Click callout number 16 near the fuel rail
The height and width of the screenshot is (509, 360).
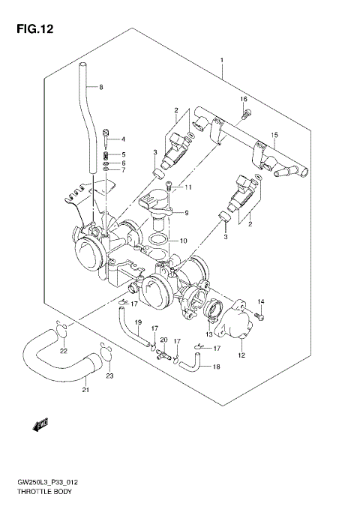(243, 100)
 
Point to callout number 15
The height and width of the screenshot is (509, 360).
(274, 135)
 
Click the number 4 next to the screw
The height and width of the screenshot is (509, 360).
(124, 139)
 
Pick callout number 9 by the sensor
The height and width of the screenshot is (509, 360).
(187, 212)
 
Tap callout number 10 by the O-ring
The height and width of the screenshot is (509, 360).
(182, 241)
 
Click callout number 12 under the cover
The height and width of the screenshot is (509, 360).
(242, 356)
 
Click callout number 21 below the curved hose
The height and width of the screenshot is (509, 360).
(85, 389)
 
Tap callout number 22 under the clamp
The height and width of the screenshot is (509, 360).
(63, 351)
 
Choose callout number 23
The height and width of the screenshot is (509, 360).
(109, 376)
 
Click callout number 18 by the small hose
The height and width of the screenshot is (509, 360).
(217, 367)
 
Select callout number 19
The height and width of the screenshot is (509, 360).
(138, 322)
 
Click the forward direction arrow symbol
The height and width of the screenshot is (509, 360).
(40, 425)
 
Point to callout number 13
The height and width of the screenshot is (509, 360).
(209, 335)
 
